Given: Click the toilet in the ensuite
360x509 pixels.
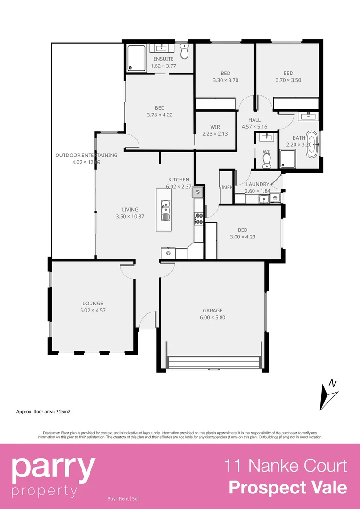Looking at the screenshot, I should [x=184, y=52].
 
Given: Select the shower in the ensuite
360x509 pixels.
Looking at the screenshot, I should [x=136, y=58].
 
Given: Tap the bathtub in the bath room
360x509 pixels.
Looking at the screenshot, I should [x=311, y=143].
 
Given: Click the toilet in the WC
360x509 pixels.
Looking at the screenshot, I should [x=266, y=161].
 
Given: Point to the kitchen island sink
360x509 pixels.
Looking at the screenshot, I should [x=165, y=205].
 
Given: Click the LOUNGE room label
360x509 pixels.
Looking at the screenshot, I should [x=93, y=304].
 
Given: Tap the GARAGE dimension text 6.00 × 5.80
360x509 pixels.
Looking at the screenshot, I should [x=213, y=318].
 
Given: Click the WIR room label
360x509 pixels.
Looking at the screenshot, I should [x=215, y=127].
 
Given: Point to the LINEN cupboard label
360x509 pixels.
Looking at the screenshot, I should [x=226, y=188].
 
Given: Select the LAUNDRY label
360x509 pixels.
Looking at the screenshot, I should [x=258, y=184].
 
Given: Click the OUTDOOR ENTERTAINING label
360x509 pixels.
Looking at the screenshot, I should [x=86, y=155].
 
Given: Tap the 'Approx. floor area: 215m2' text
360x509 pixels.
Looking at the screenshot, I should [x=43, y=411].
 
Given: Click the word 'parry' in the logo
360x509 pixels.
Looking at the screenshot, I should [x=53, y=468].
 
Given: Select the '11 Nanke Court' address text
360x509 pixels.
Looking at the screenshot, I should [x=285, y=466].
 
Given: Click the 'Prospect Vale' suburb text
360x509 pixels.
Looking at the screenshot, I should [x=288, y=487].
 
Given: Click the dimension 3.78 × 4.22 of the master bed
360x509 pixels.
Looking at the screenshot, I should [x=160, y=115].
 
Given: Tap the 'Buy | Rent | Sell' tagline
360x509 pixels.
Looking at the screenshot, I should [x=123, y=499].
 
